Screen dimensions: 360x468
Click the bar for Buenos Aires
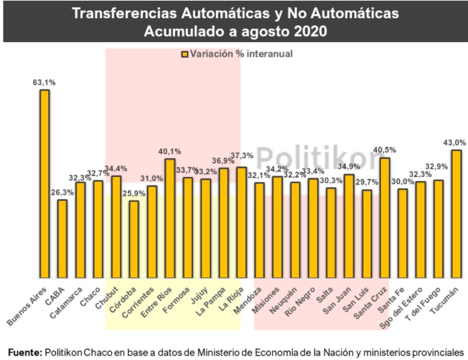pos(44,184)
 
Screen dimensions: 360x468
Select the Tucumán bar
pos(456,214)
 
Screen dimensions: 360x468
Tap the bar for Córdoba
pos(134,239)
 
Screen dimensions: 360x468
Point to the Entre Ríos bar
pos(170,219)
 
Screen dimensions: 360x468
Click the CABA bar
pos(62,239)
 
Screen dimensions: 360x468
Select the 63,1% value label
pos(44,82)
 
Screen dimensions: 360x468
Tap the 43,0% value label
pos(455,143)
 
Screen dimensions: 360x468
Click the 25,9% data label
pos(134,194)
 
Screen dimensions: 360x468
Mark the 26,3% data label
pos(62,193)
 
